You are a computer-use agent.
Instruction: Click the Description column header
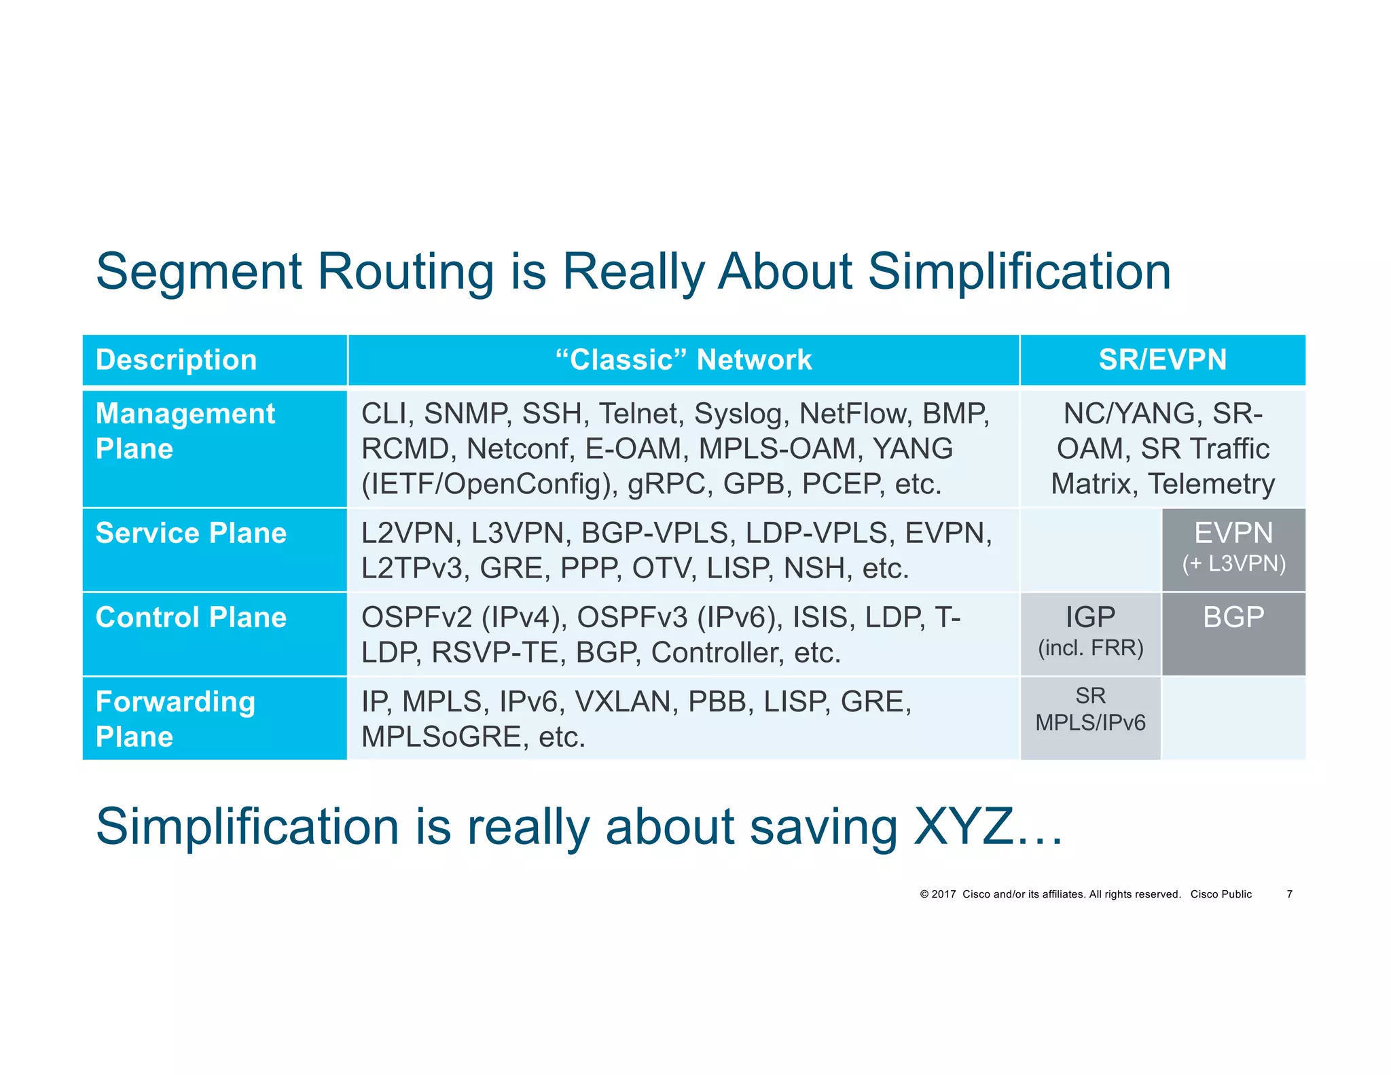coord(176,359)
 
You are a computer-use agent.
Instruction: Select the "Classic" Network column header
coord(683,359)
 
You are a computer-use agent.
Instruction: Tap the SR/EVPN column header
coord(1162,359)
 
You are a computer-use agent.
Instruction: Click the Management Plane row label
coord(185,431)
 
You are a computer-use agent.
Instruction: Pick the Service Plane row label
coord(191,533)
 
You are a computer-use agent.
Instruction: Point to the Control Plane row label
coord(191,618)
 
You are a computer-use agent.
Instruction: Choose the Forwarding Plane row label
coord(175,718)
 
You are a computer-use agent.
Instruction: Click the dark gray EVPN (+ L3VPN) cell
coord(1233,549)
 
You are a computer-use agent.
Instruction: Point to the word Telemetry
coord(1211,484)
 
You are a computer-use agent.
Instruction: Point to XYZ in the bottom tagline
coord(963,827)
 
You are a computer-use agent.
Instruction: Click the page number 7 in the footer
coord(1289,894)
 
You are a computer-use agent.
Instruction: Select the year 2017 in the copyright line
coord(943,894)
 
